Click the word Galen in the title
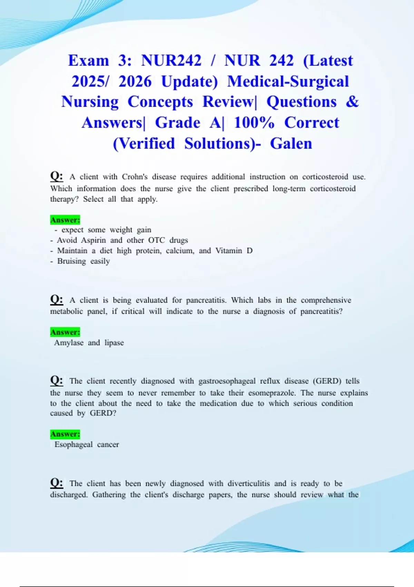click(291, 143)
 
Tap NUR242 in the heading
click(171, 60)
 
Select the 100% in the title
click(254, 123)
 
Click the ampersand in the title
click(352, 102)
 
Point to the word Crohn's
click(135, 177)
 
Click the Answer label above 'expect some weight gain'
click(65, 220)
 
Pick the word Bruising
click(71, 261)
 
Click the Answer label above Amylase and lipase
click(65, 332)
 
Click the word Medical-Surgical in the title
click(288, 81)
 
